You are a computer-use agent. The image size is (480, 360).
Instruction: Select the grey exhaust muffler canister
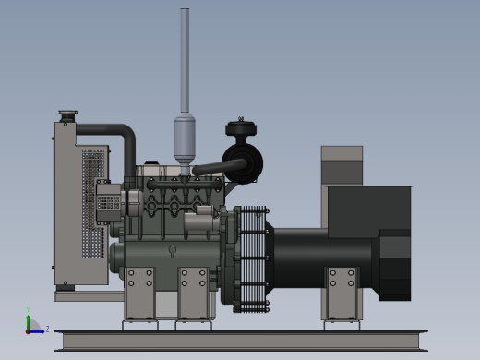tap(185, 138)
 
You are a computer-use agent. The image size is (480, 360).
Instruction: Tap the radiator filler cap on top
tap(67, 115)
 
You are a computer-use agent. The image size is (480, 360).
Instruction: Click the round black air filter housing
tap(243, 163)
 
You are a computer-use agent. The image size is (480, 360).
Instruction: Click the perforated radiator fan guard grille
tap(92, 203)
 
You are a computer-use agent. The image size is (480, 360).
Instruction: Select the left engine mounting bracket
tap(140, 293)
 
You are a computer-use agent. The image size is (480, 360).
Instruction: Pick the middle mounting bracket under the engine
tap(193, 293)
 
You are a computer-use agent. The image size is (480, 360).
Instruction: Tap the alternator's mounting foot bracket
tap(342, 293)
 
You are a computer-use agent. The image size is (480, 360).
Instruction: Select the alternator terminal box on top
tap(369, 210)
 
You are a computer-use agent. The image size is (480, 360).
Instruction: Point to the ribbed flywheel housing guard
tap(251, 258)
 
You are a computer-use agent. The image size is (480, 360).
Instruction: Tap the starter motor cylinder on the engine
tap(200, 222)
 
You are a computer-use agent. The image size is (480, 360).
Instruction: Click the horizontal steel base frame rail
tap(240, 341)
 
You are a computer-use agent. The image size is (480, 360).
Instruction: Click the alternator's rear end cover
tap(395, 265)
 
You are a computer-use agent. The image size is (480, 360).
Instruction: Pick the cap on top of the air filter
tap(241, 128)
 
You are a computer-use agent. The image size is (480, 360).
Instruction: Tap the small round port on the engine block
tap(173, 249)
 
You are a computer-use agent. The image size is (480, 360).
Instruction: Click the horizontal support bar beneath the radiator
tap(88, 296)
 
